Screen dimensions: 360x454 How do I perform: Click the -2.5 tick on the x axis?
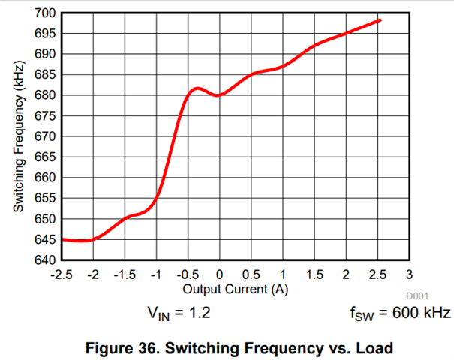click(x=62, y=274)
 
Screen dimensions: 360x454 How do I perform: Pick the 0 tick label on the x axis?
click(x=219, y=274)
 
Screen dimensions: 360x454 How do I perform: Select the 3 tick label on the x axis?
click(x=408, y=274)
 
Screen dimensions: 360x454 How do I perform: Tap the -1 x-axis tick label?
click(x=156, y=274)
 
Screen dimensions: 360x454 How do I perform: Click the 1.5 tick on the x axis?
click(x=314, y=274)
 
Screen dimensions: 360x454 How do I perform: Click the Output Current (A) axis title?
click(x=235, y=288)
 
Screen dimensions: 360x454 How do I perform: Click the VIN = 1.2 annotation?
click(x=179, y=312)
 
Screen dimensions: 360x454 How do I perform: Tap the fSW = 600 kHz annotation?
click(x=400, y=312)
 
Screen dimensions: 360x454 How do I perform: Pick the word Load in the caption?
click(x=374, y=348)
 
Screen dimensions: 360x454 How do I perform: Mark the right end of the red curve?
click(x=380, y=20)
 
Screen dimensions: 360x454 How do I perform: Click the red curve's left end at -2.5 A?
click(x=62, y=239)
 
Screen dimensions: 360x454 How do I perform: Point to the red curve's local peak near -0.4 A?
click(x=196, y=88)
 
